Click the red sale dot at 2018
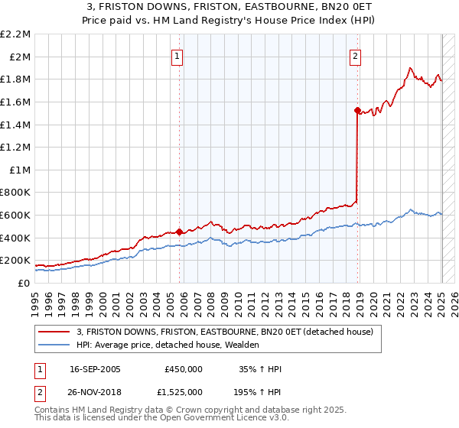click(357, 110)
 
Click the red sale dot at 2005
click(179, 232)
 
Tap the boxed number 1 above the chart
click(177, 55)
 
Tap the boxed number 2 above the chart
click(356, 55)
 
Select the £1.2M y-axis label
click(17, 147)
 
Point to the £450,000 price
click(183, 369)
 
